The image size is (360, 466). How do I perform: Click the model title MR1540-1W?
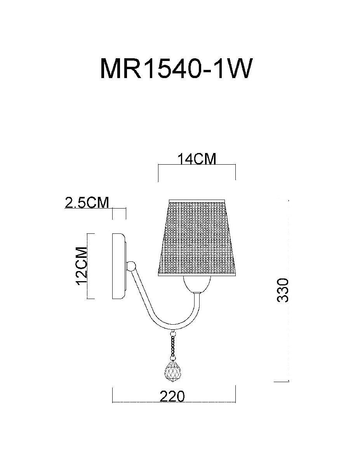click(x=175, y=68)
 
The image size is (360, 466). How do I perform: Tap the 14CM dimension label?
click(x=197, y=159)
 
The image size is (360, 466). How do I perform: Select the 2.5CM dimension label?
click(x=87, y=202)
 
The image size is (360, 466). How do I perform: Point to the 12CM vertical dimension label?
click(x=82, y=266)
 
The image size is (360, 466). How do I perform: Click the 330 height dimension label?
click(x=283, y=290)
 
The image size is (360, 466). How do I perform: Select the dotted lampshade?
click(x=197, y=238)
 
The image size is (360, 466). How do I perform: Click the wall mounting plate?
click(x=119, y=266)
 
